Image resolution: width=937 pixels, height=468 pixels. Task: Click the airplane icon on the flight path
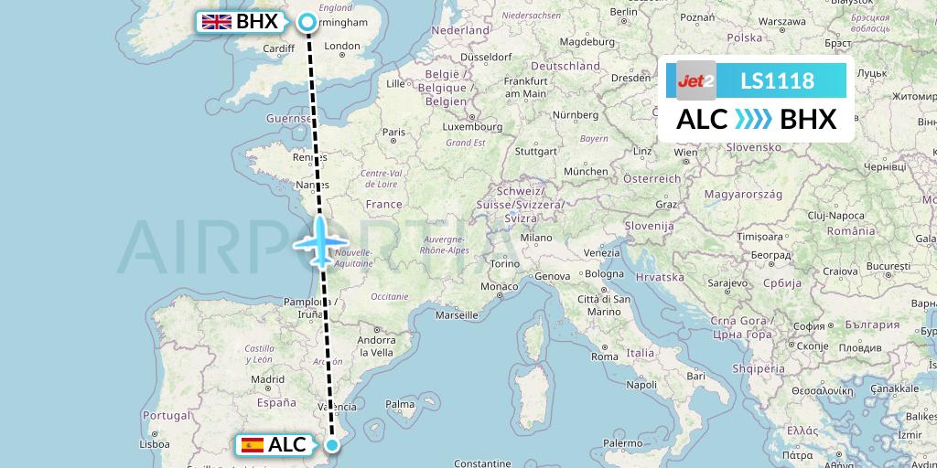pos(319,241)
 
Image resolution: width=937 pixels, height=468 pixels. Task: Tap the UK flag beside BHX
pos(216,22)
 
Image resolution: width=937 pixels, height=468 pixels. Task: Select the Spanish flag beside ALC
pos(252,445)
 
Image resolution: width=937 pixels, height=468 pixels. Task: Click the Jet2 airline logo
pos(696,80)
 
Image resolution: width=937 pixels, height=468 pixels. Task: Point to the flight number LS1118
pos(777,81)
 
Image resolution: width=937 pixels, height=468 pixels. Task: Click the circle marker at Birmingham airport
pos(307,22)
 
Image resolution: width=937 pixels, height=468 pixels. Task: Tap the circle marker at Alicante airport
pos(332,445)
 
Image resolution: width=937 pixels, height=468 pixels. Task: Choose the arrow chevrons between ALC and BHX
pos(753,120)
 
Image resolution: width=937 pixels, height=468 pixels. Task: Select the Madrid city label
pos(267,379)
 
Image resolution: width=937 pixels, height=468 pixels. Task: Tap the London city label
pos(342,46)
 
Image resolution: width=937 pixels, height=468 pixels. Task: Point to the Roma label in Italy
pos(605,356)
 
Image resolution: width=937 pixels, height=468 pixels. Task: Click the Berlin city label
pos(623,12)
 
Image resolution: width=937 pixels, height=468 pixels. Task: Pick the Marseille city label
pos(458,315)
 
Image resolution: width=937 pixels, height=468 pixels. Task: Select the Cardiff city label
pos(277,48)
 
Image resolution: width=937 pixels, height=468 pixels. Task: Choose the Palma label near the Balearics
pos(401,403)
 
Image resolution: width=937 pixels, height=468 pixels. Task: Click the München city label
pos(586,171)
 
